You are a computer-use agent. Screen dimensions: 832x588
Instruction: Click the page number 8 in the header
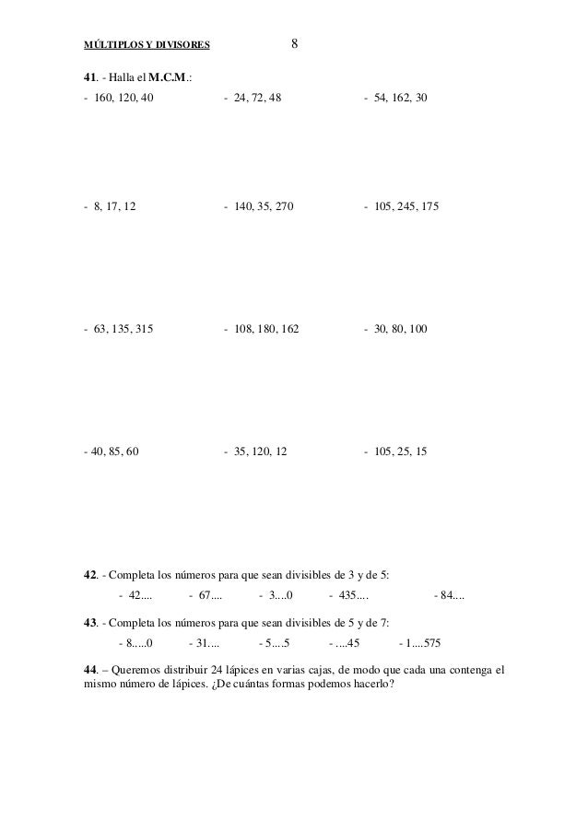[294, 42]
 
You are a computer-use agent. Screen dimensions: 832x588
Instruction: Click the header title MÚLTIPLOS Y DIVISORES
[147, 43]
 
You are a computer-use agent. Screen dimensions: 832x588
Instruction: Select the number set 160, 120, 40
[123, 97]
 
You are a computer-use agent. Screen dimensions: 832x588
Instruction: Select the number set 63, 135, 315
[123, 328]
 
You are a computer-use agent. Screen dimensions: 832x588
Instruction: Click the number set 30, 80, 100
[399, 328]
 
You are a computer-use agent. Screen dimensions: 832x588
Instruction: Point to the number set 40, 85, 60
[114, 452]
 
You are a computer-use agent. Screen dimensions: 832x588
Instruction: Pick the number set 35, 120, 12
[261, 452]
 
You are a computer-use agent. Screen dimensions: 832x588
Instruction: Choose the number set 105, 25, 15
[399, 452]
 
